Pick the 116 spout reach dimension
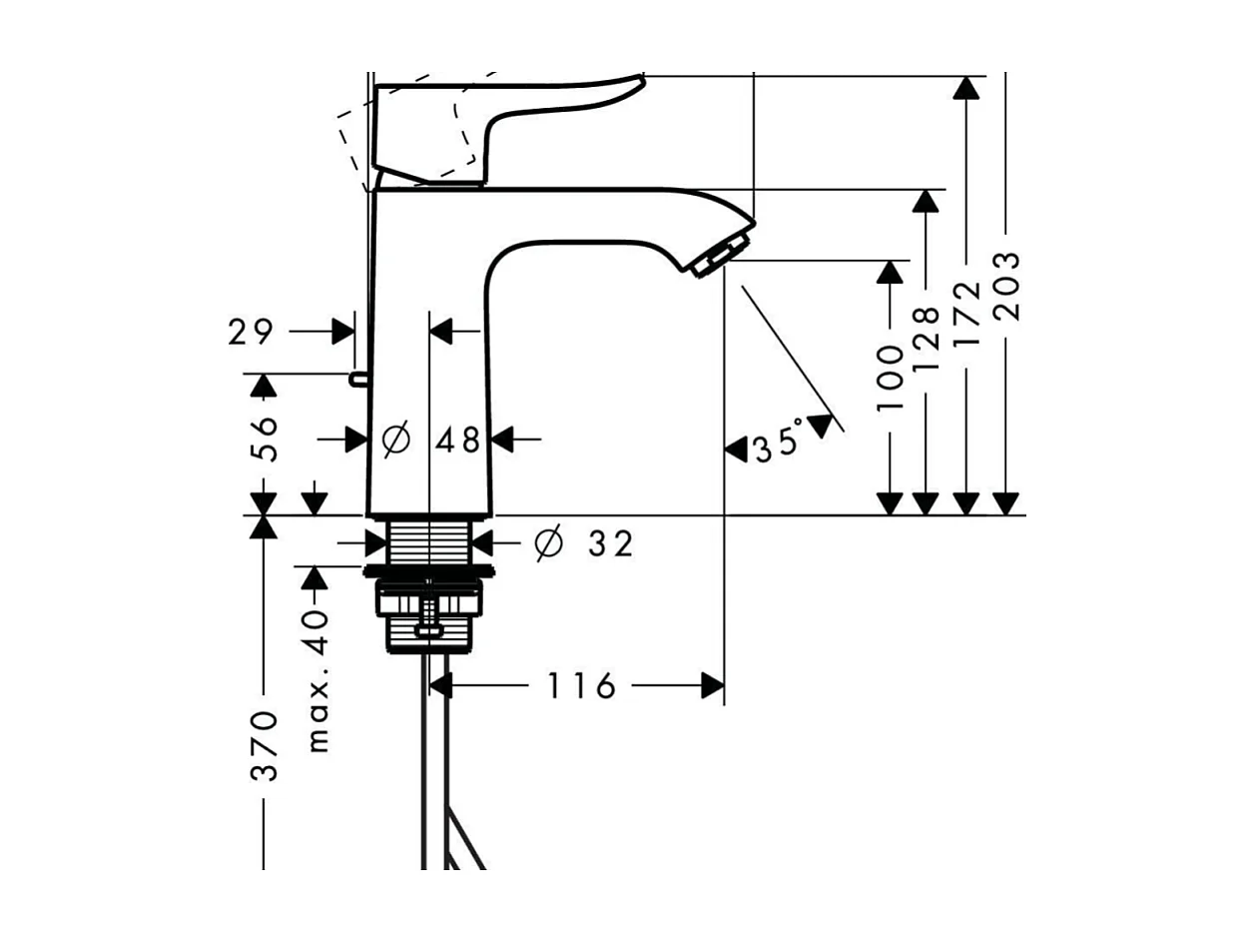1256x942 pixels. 580,686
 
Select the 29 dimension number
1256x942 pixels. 251,332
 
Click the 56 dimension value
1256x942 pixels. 265,438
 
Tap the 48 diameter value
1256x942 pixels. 458,440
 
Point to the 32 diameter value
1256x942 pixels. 609,544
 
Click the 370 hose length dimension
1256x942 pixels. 265,744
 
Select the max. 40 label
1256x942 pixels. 316,679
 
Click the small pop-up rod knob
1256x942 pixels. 356,379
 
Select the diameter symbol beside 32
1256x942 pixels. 548,544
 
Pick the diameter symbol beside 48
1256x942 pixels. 396,439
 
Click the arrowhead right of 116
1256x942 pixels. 712,686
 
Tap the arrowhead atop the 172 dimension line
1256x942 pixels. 964,88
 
